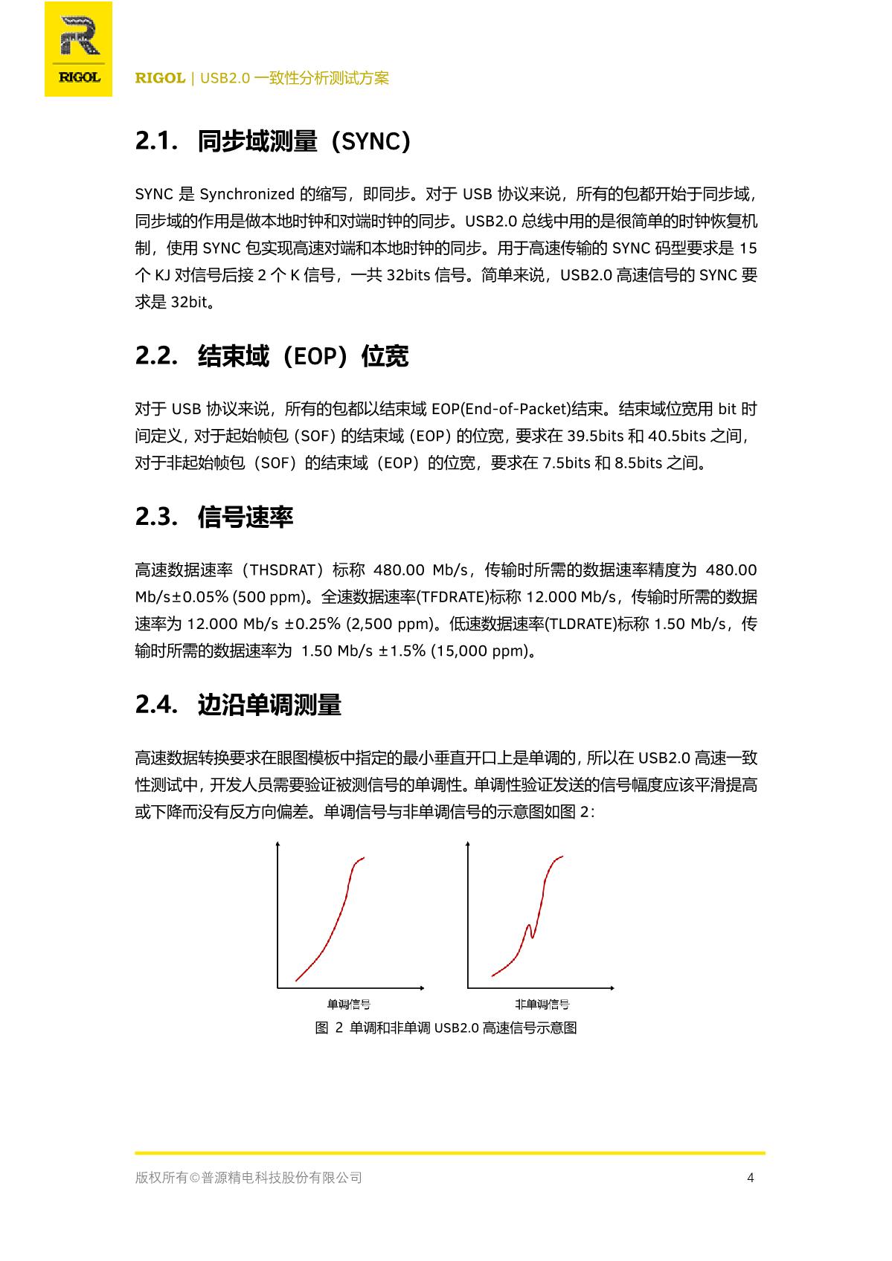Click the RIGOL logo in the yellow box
click(79, 49)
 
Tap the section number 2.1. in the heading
click(155, 141)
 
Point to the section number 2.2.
click(155, 356)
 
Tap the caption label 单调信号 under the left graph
click(349, 1004)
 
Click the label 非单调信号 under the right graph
click(542, 1004)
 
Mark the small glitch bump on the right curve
click(530, 929)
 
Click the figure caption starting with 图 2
click(446, 1028)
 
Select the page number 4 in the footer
click(751, 1178)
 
